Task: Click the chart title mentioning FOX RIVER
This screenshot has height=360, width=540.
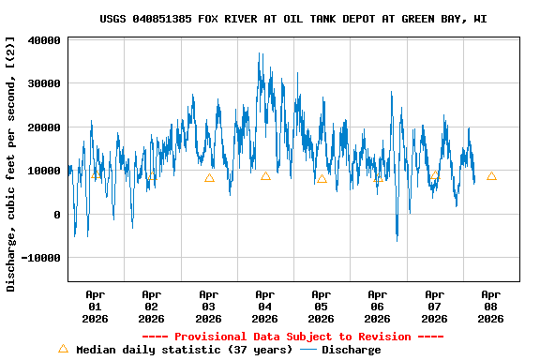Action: [293, 19]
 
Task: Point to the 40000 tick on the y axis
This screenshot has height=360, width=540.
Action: [44, 40]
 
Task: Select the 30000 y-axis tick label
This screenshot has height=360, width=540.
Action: [44, 83]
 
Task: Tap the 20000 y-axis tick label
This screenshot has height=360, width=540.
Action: [44, 127]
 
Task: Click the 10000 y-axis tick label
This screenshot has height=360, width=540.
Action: [44, 171]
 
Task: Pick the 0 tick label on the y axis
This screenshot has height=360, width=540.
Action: [57, 215]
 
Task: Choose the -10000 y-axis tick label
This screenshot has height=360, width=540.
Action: [41, 258]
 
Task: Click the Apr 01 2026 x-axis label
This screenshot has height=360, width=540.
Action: [95, 306]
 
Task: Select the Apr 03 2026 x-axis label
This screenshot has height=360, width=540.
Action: [208, 306]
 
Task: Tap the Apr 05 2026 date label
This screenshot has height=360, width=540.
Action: [322, 306]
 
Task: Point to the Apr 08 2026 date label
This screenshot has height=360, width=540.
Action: [490, 306]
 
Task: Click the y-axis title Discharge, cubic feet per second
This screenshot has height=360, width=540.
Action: [11, 164]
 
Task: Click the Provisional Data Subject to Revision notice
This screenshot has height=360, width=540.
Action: [292, 337]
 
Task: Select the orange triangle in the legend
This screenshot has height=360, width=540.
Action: [63, 349]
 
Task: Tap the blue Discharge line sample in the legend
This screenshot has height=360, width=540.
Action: [308, 350]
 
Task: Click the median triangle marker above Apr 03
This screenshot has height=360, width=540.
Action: [209, 177]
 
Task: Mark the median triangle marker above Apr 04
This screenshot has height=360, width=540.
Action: [265, 175]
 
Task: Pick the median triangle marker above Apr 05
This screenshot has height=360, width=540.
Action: [322, 178]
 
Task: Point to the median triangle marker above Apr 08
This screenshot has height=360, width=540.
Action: [491, 175]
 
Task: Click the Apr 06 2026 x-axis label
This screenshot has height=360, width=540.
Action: [378, 306]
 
